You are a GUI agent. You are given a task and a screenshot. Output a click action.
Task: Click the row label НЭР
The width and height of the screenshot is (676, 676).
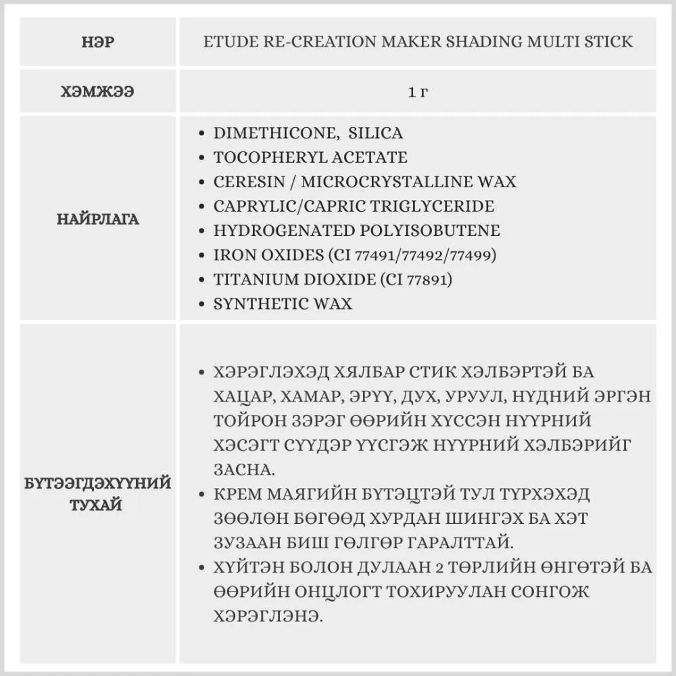click(x=98, y=42)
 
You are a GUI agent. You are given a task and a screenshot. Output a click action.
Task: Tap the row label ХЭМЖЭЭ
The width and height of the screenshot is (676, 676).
click(x=98, y=91)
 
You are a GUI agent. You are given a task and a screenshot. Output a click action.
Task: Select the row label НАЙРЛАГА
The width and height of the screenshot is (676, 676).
click(x=98, y=219)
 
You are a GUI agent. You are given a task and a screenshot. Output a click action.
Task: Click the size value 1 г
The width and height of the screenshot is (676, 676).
click(x=418, y=91)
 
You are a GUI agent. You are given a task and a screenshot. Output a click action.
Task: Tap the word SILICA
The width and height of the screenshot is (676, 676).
click(x=375, y=133)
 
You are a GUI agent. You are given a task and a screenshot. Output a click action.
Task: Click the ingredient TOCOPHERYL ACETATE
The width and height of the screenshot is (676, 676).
click(x=310, y=158)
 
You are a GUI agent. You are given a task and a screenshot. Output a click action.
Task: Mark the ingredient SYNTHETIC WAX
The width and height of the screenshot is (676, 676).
click(x=283, y=304)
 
